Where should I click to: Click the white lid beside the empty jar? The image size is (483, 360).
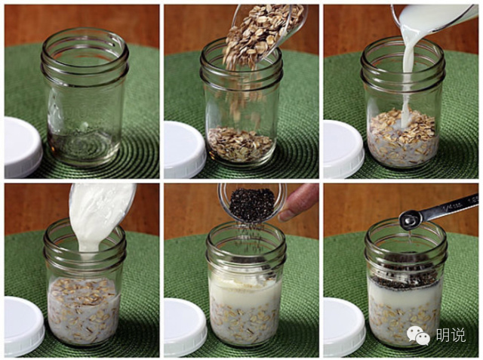pyautogui.click(x=22, y=147)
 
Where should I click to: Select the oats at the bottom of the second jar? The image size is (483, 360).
pyautogui.click(x=240, y=144)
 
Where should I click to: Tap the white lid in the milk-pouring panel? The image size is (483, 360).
pyautogui.click(x=343, y=149)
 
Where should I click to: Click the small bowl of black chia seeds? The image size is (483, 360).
pyautogui.click(x=253, y=203)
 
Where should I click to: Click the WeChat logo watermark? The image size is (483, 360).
pyautogui.click(x=418, y=335)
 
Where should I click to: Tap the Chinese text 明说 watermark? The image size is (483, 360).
pyautogui.click(x=451, y=335)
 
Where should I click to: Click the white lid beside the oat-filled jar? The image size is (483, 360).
pyautogui.click(x=184, y=149)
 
